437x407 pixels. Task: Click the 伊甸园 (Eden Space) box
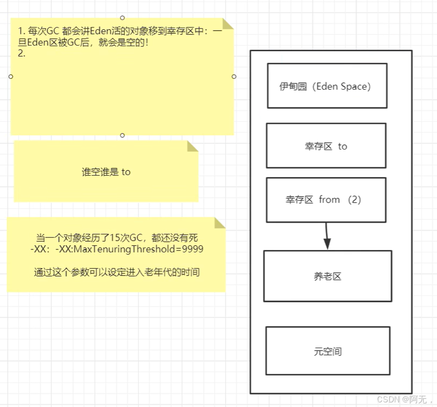(327, 85)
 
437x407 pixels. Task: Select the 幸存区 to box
(326, 145)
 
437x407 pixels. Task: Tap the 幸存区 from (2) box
(326, 200)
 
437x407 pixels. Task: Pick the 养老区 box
(327, 276)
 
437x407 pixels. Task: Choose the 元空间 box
(327, 351)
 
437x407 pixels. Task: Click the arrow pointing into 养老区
(327, 238)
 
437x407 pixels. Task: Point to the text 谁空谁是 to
(106, 172)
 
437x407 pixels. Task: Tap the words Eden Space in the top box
(342, 86)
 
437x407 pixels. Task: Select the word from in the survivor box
(329, 200)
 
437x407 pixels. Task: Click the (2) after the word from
(354, 200)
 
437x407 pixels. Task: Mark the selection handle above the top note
(122, 17)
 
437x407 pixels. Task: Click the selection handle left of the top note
(11, 76)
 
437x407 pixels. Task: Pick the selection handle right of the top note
(234, 76)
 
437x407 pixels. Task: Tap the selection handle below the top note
(122, 135)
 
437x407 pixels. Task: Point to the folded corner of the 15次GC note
(220, 222)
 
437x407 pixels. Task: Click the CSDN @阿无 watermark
(404, 399)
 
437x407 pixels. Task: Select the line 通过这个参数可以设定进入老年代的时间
(117, 272)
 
